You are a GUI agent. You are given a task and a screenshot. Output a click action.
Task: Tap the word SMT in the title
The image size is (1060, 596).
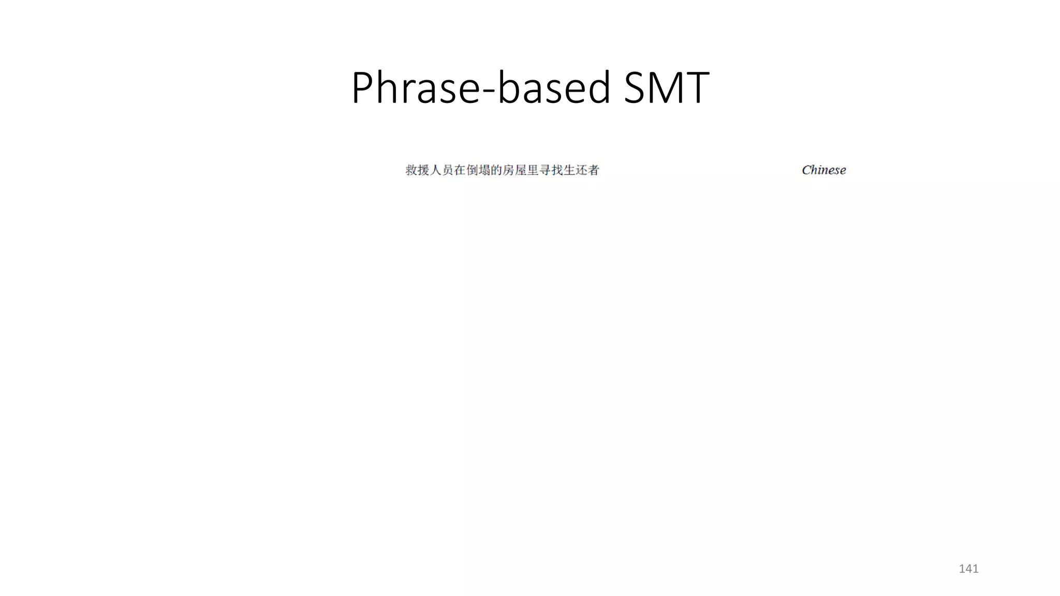(x=667, y=88)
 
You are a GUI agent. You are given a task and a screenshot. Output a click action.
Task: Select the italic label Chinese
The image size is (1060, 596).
(x=823, y=170)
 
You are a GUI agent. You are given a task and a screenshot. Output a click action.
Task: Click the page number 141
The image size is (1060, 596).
(x=968, y=569)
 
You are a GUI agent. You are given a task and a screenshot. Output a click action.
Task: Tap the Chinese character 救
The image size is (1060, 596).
(x=411, y=170)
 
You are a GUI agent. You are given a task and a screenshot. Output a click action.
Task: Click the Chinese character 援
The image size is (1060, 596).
(x=423, y=170)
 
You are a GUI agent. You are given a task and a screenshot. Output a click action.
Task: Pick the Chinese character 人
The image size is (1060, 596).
(x=436, y=170)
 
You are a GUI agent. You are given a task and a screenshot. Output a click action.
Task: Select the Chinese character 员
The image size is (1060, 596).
(x=448, y=170)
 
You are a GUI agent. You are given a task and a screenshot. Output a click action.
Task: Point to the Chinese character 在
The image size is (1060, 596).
(x=460, y=170)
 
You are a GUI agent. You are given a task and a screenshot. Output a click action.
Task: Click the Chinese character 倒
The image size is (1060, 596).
(x=472, y=170)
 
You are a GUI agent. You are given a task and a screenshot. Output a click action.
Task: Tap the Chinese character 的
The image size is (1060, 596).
(x=496, y=170)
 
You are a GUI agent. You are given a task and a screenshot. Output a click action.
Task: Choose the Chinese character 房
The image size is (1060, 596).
(x=508, y=170)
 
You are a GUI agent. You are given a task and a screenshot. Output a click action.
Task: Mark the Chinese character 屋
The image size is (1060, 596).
(x=521, y=170)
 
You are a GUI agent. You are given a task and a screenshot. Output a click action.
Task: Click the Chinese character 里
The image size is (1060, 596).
(x=533, y=170)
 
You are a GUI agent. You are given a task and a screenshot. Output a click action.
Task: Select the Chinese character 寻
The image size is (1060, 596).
(x=544, y=170)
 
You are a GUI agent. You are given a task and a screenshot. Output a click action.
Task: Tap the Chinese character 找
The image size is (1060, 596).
(x=557, y=170)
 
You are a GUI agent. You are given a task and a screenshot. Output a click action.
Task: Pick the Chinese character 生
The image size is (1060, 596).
(x=569, y=170)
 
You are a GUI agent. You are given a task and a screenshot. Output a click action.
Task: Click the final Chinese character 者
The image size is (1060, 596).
(x=593, y=170)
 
